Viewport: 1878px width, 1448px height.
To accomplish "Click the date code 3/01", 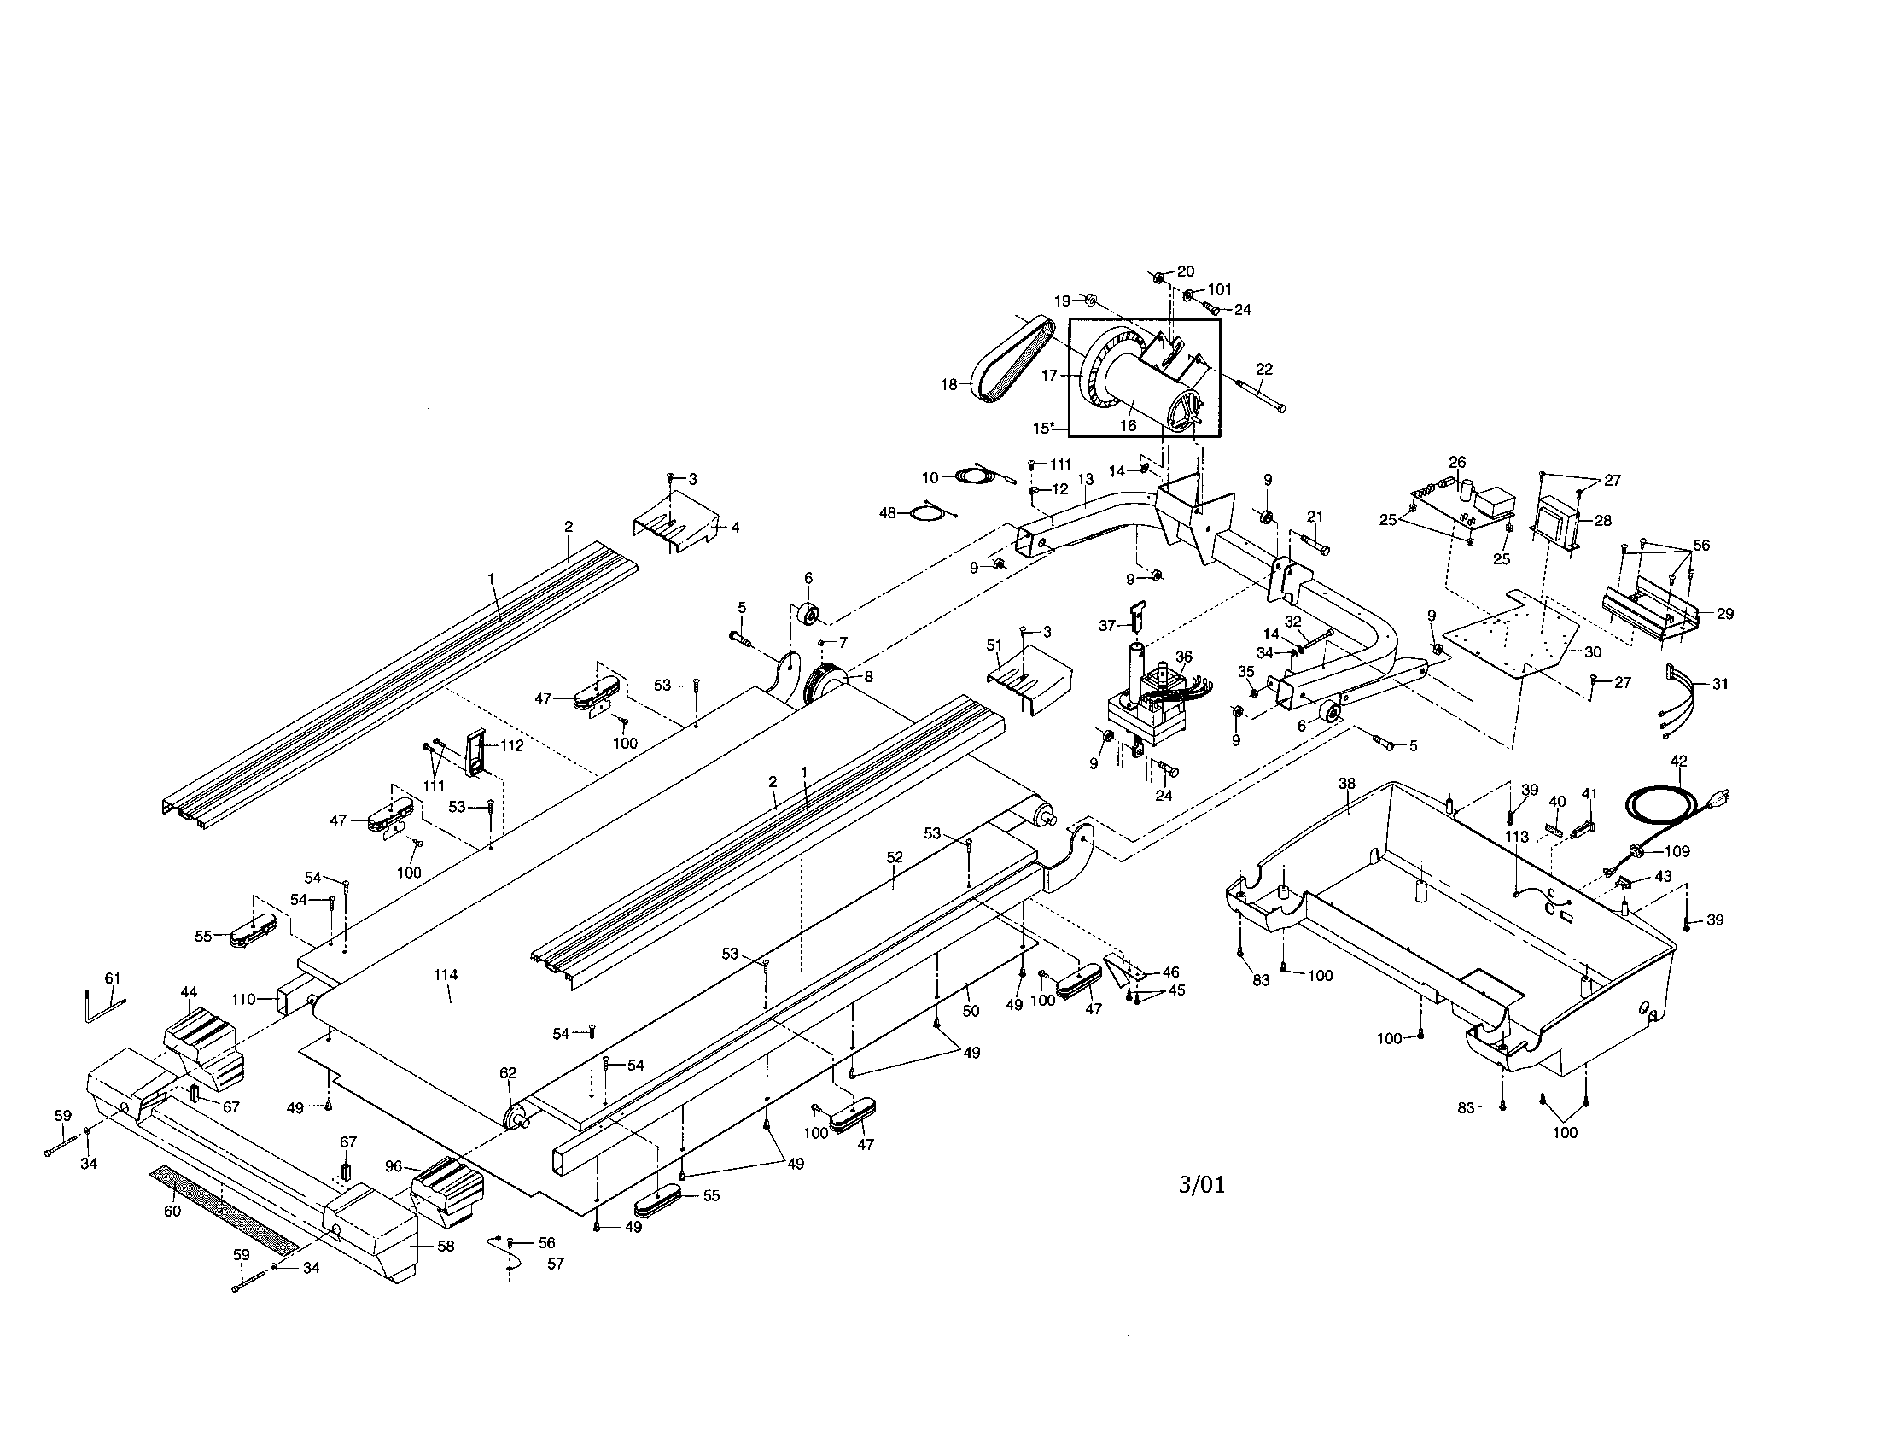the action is point(1201,1185).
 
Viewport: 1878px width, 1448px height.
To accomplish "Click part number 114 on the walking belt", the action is point(446,975).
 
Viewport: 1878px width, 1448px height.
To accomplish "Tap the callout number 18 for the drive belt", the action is point(948,384).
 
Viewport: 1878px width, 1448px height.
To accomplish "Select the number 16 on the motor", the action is point(1128,425).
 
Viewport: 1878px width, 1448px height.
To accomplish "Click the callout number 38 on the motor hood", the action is point(1346,783).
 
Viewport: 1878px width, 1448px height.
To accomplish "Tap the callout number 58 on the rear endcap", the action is point(446,1246).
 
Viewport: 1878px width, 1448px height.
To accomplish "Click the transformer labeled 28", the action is point(1557,525).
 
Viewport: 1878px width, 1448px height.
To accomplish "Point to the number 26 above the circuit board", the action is point(1456,462).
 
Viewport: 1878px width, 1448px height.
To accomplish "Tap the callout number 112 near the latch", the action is point(511,745).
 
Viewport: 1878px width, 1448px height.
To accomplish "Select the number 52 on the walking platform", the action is point(895,857).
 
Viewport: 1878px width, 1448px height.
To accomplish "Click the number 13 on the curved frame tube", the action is point(1085,478).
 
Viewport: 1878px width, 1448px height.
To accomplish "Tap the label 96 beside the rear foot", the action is point(394,1166).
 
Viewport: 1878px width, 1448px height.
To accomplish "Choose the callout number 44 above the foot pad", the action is point(190,991).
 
